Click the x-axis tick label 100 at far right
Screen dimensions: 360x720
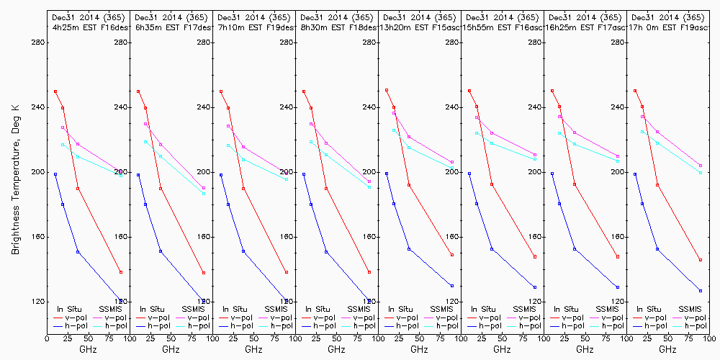point(710,336)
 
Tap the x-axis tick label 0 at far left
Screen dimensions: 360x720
point(47,336)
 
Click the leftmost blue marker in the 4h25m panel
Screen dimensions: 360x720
point(55,174)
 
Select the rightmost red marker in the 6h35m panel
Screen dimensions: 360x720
point(204,273)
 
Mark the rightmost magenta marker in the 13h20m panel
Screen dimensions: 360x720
point(452,162)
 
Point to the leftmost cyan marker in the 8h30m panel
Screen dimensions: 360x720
point(311,142)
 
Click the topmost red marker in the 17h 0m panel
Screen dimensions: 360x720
point(634,91)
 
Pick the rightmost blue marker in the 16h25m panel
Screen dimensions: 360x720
point(618,287)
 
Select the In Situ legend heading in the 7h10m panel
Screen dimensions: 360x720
point(237,309)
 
